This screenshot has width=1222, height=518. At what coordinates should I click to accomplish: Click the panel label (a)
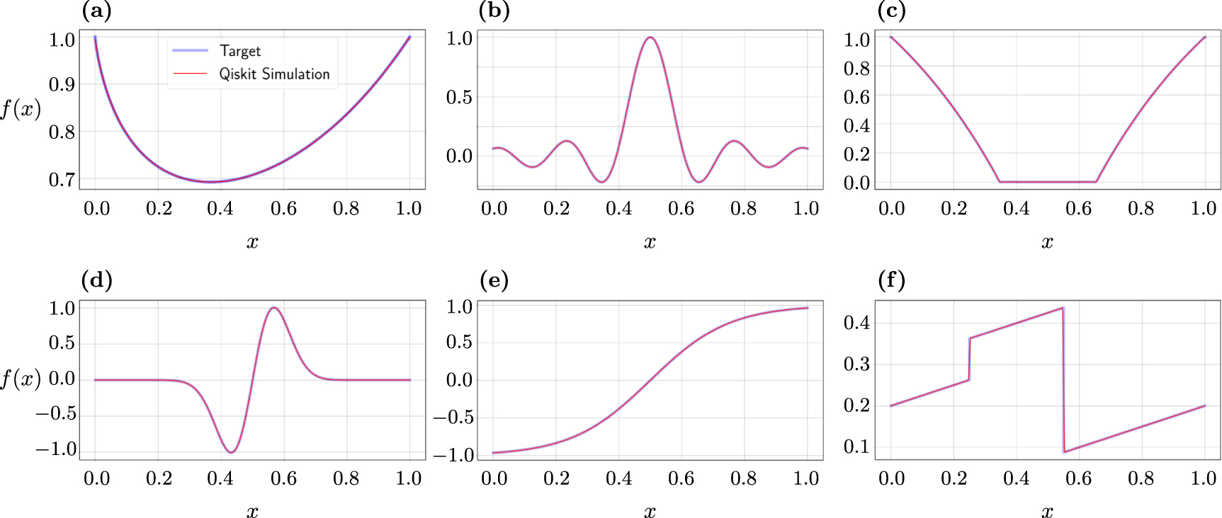(x=96, y=11)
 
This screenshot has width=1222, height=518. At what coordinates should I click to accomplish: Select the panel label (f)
(x=891, y=281)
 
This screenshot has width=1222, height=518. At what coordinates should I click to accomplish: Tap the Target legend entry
(x=239, y=51)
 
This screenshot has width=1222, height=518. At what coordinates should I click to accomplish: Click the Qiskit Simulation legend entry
(x=273, y=74)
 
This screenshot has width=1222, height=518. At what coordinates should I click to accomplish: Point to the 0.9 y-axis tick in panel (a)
(x=62, y=84)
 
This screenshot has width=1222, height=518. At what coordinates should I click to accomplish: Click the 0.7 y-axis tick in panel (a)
(x=62, y=180)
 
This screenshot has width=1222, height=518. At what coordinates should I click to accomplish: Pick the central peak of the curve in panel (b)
(x=650, y=38)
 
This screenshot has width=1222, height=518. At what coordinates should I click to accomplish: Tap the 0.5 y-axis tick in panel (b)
(x=459, y=97)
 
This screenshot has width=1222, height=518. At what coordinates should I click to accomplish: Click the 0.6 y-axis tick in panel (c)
(x=856, y=97)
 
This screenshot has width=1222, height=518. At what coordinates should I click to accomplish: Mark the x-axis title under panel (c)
(x=1047, y=243)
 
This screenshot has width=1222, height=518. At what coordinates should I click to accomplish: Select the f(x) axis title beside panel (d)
(x=21, y=379)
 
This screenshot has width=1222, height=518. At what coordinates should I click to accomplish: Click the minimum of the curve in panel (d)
(x=231, y=451)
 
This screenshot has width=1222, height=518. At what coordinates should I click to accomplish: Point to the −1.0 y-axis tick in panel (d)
(x=56, y=449)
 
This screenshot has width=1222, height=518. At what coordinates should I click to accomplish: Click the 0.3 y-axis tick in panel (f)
(x=856, y=364)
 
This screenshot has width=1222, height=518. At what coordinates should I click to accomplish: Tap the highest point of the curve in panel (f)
(x=1063, y=308)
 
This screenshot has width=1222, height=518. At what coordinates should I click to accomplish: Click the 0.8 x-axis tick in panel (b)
(x=743, y=209)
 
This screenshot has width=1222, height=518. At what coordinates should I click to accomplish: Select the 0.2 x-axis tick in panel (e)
(x=556, y=479)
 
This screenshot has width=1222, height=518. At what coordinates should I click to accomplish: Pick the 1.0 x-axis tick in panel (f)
(x=1204, y=479)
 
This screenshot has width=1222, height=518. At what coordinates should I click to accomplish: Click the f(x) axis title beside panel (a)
(x=21, y=109)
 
